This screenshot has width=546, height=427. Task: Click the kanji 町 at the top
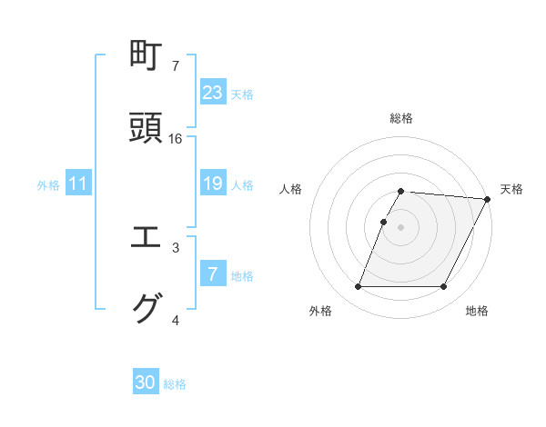point(148,56)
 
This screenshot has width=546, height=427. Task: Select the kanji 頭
point(148,129)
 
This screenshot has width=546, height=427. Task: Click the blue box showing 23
point(213,93)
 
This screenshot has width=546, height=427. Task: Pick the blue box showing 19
point(213,184)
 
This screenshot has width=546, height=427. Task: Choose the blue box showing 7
point(213,274)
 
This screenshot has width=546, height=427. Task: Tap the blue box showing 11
point(78,184)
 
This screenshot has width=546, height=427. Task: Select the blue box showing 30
point(146,383)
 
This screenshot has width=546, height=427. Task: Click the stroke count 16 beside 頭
point(176,139)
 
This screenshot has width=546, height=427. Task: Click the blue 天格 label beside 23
point(242,94)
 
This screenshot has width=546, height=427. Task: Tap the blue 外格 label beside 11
point(48,185)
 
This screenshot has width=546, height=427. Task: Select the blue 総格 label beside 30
point(175,384)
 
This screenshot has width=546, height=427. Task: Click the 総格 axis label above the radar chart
point(400,118)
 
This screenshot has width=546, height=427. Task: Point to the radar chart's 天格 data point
point(487,199)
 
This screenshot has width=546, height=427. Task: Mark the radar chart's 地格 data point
point(444,287)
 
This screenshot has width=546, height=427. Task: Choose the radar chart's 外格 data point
point(358,287)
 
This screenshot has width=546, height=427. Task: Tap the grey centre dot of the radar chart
point(400,227)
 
